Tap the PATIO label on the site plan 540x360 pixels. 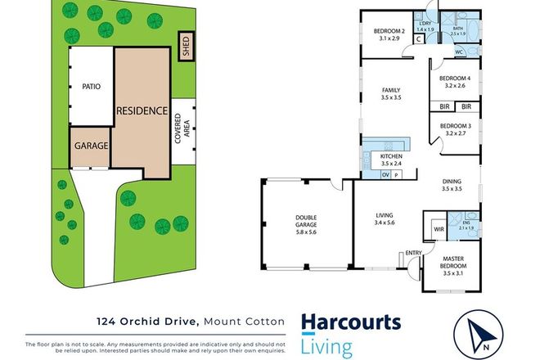91,87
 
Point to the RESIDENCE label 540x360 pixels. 142,110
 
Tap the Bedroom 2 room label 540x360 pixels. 384,34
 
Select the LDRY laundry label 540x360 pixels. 425,25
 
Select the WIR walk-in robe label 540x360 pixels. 439,230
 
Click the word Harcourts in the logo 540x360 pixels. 351,323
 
